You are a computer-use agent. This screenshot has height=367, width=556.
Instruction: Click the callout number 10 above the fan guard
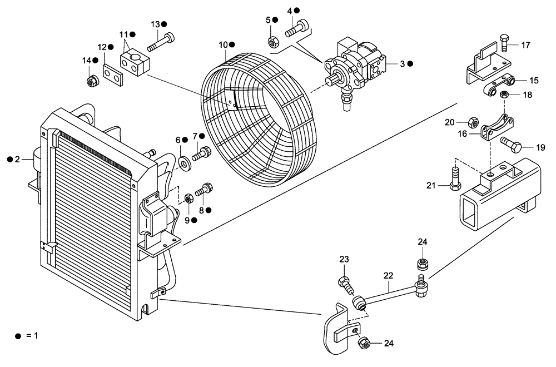coord(222,44)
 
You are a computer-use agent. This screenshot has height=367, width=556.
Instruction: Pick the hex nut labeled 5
coord(273,41)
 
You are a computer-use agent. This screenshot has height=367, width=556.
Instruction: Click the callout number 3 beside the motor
coord(401,64)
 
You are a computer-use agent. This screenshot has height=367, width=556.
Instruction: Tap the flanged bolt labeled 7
coord(201,151)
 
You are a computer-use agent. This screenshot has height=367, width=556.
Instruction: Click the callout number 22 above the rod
coord(388,275)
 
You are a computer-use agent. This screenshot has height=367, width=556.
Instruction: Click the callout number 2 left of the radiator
coord(17,160)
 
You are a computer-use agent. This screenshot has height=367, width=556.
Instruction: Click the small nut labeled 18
coord(504,95)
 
